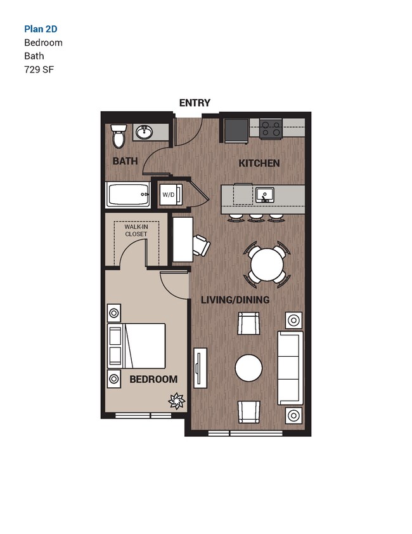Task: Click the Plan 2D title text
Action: point(44,29)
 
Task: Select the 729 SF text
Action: point(39,69)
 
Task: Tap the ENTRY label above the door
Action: point(195,103)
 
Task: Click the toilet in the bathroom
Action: point(119,135)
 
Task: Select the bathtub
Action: point(129,194)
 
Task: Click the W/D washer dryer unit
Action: point(169,194)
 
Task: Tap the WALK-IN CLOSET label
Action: point(136,230)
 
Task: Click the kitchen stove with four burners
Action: point(271,130)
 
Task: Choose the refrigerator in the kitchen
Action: point(236,130)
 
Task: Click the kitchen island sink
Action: point(264,194)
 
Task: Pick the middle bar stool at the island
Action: point(256,218)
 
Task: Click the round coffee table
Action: point(248,368)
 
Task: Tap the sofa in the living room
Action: point(291,368)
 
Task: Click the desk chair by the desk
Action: point(202,245)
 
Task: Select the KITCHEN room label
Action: point(259,163)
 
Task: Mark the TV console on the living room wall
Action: point(200,368)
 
